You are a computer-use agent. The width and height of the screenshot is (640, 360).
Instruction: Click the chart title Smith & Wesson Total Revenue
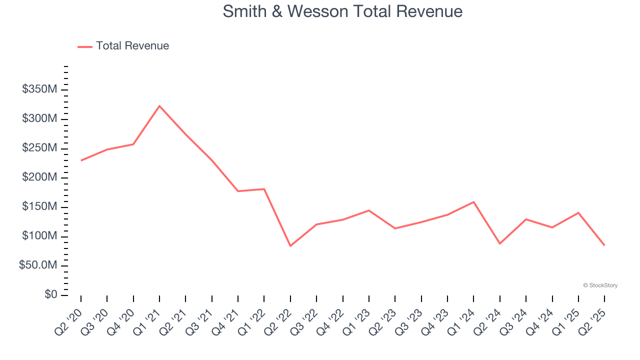(x=342, y=11)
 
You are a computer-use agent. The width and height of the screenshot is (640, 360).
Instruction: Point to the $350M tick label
(x=39, y=89)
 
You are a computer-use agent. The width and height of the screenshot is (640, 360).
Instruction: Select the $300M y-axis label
(x=39, y=119)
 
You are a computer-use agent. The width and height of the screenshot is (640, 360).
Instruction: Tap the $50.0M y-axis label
(x=38, y=265)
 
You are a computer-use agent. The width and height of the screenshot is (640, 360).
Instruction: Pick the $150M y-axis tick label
(x=39, y=207)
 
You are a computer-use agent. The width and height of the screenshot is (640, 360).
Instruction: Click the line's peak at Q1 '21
(x=159, y=106)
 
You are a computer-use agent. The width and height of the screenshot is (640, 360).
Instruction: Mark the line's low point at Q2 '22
(x=290, y=246)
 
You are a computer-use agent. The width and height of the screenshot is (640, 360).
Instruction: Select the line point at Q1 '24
(x=473, y=202)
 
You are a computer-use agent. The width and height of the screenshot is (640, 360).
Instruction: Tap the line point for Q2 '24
(x=500, y=244)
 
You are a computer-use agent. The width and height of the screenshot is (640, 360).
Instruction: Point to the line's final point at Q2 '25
(x=604, y=245)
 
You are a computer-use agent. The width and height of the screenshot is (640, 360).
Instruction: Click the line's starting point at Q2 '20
(x=81, y=160)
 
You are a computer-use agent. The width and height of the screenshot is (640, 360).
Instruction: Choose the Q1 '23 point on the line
(x=369, y=210)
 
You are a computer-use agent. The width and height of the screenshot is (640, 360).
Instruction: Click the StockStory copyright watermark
(x=600, y=285)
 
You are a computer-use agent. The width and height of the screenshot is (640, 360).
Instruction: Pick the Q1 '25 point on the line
(x=578, y=213)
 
